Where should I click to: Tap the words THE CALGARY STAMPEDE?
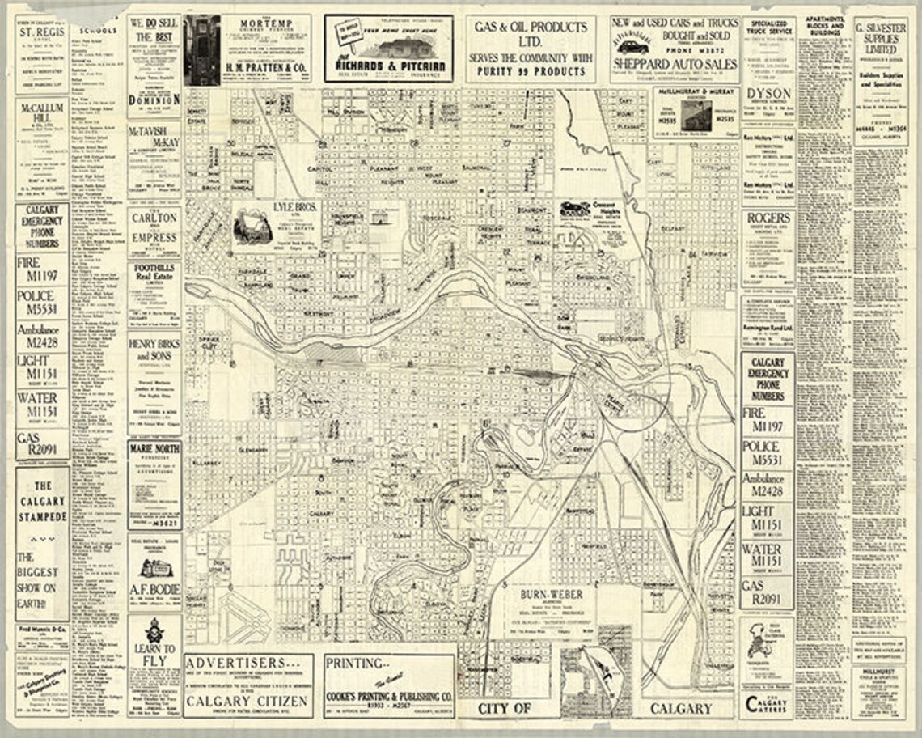point(41,502)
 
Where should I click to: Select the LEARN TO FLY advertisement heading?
point(154,655)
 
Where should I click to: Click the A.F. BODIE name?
point(154,589)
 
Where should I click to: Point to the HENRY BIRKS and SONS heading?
point(154,350)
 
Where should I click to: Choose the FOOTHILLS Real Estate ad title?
point(154,278)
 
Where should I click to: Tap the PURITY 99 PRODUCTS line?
point(530,71)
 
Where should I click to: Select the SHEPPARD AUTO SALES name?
point(674,63)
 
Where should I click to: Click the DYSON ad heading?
point(768,95)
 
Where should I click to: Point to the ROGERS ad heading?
point(768,218)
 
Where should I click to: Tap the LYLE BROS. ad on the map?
point(296,207)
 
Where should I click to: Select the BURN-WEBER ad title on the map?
point(552,595)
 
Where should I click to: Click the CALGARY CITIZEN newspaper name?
point(248,702)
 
